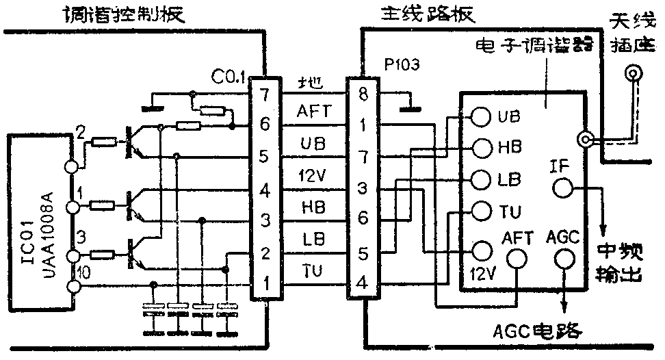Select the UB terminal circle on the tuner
tap(481, 116)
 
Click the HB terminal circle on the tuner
tap(481, 148)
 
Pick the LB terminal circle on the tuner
tap(481, 180)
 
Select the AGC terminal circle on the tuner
tap(564, 258)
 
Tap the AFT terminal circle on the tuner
tap(517, 258)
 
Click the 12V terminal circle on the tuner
tap(481, 251)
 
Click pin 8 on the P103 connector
tap(364, 94)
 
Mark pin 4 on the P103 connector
tap(364, 281)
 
